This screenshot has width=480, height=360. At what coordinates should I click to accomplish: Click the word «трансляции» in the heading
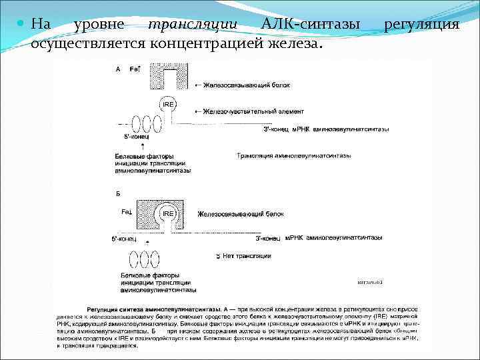[x=193, y=24]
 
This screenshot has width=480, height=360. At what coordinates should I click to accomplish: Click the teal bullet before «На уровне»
[x=21, y=25]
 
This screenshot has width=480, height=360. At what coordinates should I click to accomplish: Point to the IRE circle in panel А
[x=167, y=104]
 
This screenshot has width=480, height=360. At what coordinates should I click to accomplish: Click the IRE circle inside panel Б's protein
[x=167, y=215]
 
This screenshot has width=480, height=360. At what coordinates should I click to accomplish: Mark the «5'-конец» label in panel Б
[x=123, y=238]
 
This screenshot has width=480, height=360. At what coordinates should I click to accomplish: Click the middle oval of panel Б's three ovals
[x=145, y=259]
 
